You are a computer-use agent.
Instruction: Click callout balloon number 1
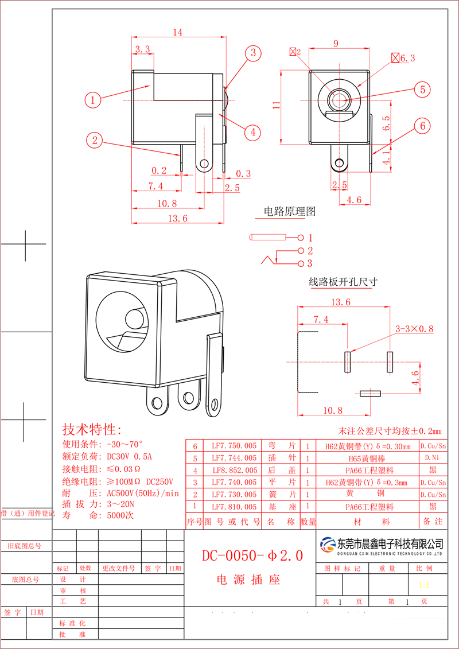[94, 100]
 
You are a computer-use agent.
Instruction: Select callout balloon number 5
[422, 90]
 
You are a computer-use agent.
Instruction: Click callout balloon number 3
[252, 53]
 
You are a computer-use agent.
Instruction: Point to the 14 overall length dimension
[177, 33]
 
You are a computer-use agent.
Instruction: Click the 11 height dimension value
[276, 105]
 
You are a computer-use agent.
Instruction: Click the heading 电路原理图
[289, 211]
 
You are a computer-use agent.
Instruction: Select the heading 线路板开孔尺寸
[343, 282]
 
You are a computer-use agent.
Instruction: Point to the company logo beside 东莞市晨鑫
[328, 544]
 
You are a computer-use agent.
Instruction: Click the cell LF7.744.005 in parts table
[234, 458]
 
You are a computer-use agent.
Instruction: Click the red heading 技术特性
[92, 430]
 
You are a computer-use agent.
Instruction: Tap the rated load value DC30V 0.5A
[130, 457]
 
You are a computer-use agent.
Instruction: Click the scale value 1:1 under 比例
[424, 586]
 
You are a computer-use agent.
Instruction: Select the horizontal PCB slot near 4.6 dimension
[370, 394]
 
